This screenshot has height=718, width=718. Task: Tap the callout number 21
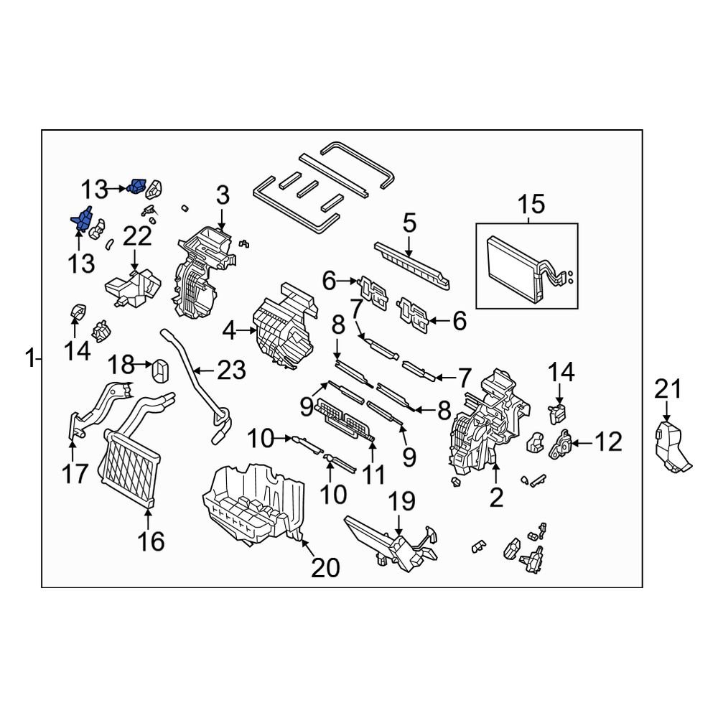(x=666, y=390)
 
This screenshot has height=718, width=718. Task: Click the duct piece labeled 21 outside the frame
(x=671, y=446)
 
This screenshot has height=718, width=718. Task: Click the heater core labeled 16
(x=129, y=467)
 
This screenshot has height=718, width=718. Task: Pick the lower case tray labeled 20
(x=251, y=503)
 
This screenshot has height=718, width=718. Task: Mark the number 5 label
(x=409, y=223)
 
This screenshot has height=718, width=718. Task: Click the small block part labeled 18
(x=160, y=373)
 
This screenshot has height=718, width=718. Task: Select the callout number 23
(x=231, y=370)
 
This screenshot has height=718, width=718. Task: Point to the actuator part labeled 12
(x=562, y=445)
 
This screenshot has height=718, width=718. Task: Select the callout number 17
(x=75, y=473)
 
